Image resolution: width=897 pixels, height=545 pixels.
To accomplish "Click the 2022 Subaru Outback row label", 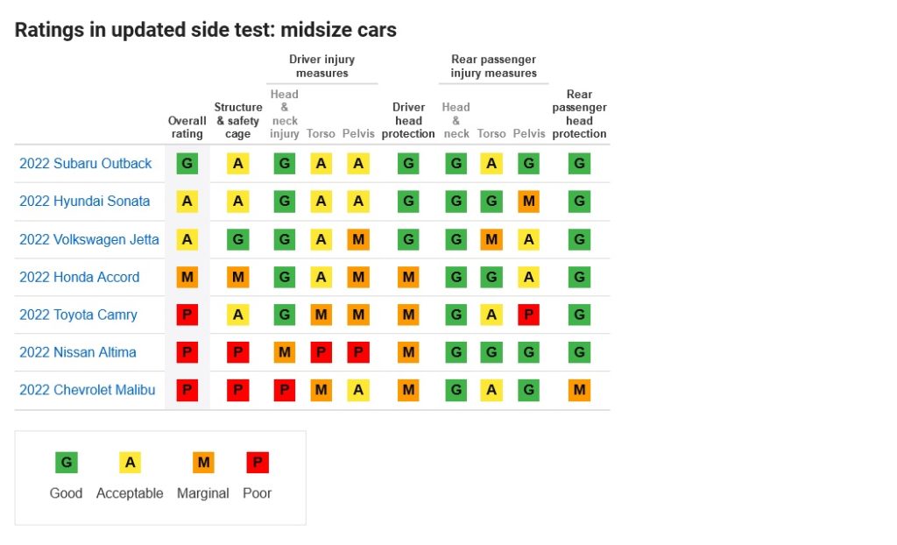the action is [86, 163].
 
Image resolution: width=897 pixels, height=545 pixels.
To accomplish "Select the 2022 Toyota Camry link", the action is [78, 315].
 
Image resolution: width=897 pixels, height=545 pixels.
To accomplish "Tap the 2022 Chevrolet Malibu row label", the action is [87, 390].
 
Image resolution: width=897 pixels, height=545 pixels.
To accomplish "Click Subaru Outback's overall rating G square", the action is [187, 163].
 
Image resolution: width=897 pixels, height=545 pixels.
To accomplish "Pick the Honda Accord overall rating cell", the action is [187, 277].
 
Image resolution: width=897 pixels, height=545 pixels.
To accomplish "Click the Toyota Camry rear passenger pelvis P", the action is [528, 315].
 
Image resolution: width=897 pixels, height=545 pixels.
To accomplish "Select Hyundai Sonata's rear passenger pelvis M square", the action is [528, 201].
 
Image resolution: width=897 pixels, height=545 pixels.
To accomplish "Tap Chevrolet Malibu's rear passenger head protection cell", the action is [580, 390].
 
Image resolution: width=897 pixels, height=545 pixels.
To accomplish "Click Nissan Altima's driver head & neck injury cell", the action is [285, 352].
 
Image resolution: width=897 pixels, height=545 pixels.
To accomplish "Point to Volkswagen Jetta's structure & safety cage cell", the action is [238, 239].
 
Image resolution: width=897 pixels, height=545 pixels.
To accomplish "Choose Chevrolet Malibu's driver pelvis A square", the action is [358, 390].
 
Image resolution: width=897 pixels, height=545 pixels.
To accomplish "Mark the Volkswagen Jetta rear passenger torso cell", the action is [491, 239].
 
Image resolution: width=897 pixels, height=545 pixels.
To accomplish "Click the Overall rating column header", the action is [187, 127].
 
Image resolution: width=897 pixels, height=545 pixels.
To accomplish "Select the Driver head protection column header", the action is [408, 120].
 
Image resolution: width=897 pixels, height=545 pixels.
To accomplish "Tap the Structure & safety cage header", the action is [238, 120].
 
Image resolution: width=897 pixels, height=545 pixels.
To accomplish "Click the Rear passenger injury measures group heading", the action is [494, 66].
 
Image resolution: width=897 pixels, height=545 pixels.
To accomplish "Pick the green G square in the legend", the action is [67, 462].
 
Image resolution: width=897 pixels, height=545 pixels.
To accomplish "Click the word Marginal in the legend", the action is [203, 493].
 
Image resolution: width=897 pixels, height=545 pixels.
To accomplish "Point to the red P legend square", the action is [258, 462].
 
